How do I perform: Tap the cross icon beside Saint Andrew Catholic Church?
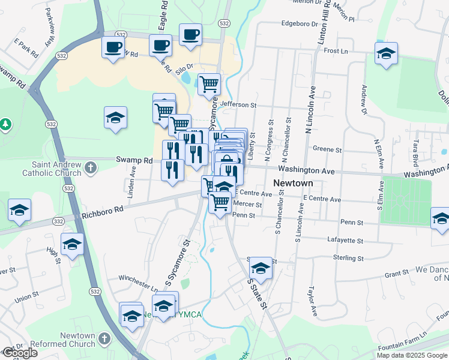pyautogui.click(x=91, y=167)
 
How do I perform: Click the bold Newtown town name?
pyautogui.click(x=291, y=182)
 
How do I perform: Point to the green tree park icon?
pyautogui.click(x=5, y=124)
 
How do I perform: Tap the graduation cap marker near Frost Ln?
pyautogui.click(x=387, y=54)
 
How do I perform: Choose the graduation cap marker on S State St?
pyautogui.click(x=261, y=268)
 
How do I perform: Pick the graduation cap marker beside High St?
pyautogui.click(x=72, y=244)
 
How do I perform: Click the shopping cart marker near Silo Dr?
pyautogui.click(x=209, y=84)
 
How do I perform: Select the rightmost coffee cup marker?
pyautogui.click(x=191, y=35)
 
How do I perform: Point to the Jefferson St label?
pyautogui.click(x=238, y=104)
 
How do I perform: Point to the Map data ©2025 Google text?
pyautogui.click(x=412, y=355)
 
